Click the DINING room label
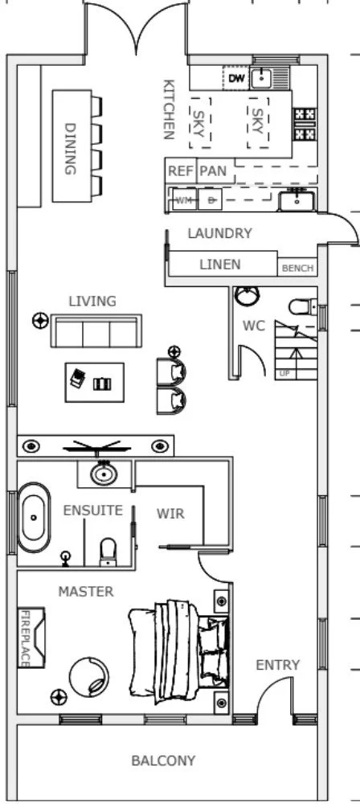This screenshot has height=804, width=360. pos(70,148)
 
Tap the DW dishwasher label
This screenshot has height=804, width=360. pos(235,78)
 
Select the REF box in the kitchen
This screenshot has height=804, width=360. pos(180,171)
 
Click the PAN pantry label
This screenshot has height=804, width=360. pos(212,171)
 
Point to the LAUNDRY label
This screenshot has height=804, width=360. pos(219,234)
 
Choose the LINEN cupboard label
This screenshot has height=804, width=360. pos(219,265)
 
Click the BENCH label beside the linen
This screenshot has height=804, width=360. pos(297,269)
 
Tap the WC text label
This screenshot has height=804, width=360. pos(255,326)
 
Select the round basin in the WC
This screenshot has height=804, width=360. pos(247,296)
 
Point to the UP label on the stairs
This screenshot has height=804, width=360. pos(284,373)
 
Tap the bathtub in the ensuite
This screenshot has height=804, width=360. pos(34,517)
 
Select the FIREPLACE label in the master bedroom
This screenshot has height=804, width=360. pos(25,638)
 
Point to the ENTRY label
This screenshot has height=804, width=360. pos(277,665)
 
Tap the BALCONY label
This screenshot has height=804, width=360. pos(163,761)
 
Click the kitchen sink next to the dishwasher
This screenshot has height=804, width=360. pos(262,78)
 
